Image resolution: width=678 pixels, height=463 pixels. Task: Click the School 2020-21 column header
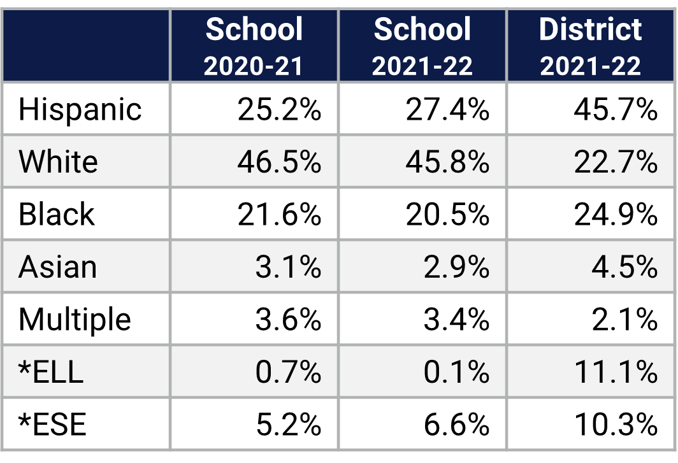[x=254, y=46]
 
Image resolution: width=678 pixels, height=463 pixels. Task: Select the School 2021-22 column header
[x=422, y=46]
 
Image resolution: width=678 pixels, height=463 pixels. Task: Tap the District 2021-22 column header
[x=591, y=46]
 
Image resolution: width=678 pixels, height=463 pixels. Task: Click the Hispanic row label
[x=80, y=110]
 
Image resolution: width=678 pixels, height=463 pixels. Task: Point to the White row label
[x=58, y=162]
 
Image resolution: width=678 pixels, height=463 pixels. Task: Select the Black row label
[x=56, y=215]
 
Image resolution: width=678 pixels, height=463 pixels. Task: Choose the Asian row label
[x=57, y=267]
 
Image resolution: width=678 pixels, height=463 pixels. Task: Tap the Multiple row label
[x=75, y=319]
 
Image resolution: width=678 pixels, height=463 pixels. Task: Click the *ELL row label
[x=51, y=372]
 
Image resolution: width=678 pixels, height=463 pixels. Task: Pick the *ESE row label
[x=52, y=424]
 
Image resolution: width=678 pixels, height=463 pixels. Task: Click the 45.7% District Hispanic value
[x=615, y=110]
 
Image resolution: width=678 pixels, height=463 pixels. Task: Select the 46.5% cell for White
[x=279, y=162]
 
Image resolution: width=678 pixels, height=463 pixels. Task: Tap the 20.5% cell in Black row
[x=447, y=215]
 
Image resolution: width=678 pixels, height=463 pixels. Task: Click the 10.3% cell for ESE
[x=615, y=424]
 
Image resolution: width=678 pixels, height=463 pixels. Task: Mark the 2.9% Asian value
[x=456, y=267]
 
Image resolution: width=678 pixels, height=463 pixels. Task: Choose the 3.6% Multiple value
[x=288, y=319]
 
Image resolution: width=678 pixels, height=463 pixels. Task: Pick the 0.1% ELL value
[x=456, y=372]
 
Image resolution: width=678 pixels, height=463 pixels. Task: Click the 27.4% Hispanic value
[x=447, y=110]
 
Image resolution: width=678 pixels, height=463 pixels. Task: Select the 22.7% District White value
[x=615, y=162]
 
